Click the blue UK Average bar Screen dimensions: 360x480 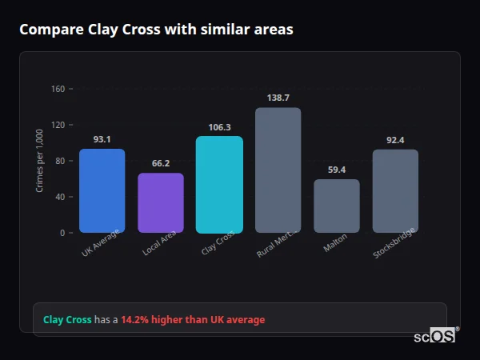pos(102,190)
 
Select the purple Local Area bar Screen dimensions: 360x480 pos(161,202)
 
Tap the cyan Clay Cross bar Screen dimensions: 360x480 pos(219,184)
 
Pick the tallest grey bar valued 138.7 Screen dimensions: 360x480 pos(278,170)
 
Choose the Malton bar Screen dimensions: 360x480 pos(336,206)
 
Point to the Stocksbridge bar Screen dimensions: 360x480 pos(395,190)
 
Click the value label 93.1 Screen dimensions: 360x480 pos(102,139)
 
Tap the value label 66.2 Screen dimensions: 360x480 pos(161,163)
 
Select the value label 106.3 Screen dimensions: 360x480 pos(219,126)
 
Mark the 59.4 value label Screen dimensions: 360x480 pos(336,170)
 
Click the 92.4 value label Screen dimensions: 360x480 pos(395,140)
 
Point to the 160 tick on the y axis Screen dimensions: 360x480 pos(57,89)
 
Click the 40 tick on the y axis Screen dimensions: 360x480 pos(59,197)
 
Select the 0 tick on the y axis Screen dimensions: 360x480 pos(62,233)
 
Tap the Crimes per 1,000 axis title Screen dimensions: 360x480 pos(40,161)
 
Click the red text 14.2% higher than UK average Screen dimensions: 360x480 pos(193,320)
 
